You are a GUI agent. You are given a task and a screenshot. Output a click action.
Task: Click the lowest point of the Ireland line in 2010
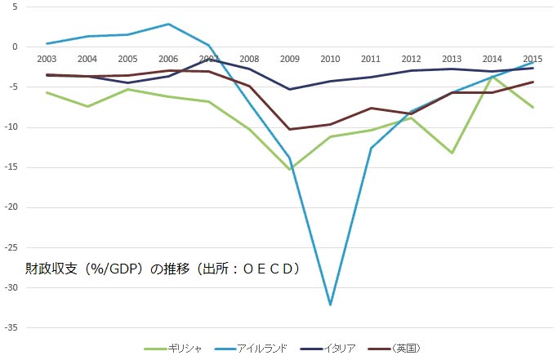(330, 304)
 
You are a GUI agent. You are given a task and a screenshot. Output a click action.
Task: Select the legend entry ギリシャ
(175, 348)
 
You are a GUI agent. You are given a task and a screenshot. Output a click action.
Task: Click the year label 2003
(47, 58)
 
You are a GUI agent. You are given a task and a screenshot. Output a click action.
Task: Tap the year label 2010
(330, 58)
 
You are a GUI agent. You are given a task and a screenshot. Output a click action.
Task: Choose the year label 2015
(532, 58)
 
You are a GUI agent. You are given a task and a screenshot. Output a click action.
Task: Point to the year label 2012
(411, 58)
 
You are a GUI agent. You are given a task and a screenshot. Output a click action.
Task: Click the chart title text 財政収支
(43, 268)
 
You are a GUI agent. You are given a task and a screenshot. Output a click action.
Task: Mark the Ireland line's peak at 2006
(168, 24)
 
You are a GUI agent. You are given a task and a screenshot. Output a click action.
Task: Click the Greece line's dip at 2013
(452, 153)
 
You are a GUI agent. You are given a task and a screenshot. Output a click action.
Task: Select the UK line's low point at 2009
(290, 129)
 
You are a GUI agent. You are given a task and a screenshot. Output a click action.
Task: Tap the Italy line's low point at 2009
(290, 89)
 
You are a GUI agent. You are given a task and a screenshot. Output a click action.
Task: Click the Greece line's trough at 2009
(290, 169)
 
